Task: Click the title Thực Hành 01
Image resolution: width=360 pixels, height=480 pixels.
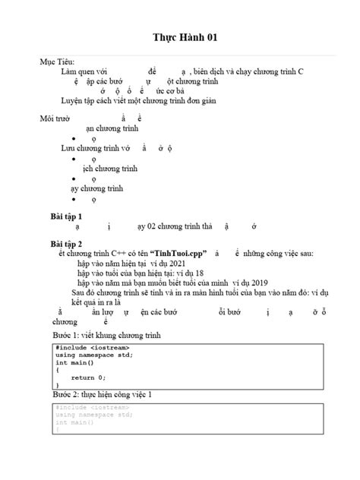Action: pyautogui.click(x=180, y=38)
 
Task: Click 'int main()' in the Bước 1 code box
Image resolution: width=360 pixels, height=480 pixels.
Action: pyautogui.click(x=73, y=362)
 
